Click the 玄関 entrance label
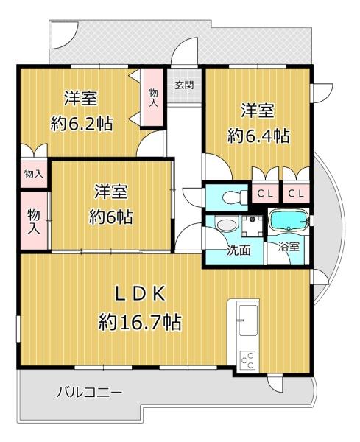click(x=184, y=85)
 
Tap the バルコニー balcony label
click(x=90, y=392)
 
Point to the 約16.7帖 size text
click(x=140, y=322)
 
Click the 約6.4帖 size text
click(x=258, y=136)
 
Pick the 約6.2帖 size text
click(x=82, y=124)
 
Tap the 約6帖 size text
click(x=110, y=217)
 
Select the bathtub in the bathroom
click(x=288, y=221)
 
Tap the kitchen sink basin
click(x=248, y=320)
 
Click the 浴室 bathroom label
click(x=289, y=248)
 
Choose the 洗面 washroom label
click(x=239, y=250)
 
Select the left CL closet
click(x=265, y=193)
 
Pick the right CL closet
click(x=296, y=193)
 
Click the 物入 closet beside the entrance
click(x=154, y=97)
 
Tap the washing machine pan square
click(x=252, y=226)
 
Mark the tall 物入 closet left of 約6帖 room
click(x=34, y=221)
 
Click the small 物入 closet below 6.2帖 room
click(x=34, y=174)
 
